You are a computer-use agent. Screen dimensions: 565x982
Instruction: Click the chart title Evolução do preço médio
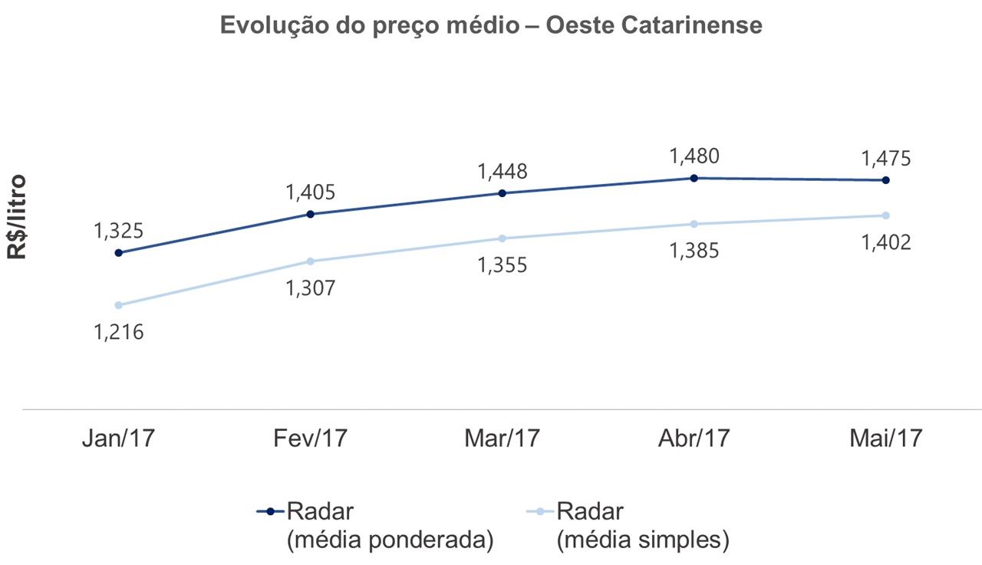coord(491,25)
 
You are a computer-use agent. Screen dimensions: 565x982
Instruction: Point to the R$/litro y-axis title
coord(18,217)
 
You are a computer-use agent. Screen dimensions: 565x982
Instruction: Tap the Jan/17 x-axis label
coord(118,439)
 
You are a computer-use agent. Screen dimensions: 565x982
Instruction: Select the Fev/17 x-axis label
coord(310,439)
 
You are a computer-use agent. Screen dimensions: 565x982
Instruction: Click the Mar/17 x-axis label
coord(502,439)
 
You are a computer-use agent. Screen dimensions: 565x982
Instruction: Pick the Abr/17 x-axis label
coord(694,439)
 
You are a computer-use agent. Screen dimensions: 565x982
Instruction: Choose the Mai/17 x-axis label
coord(885,439)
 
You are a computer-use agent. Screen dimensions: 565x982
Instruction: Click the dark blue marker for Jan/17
coord(118,252)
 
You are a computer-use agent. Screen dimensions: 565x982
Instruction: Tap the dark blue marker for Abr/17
coord(694,178)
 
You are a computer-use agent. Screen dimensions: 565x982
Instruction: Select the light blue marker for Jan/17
coord(118,305)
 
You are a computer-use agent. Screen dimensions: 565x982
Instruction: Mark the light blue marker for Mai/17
coord(886,215)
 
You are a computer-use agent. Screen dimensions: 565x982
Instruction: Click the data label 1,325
coord(118,231)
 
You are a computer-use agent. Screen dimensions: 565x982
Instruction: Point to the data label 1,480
coord(694,156)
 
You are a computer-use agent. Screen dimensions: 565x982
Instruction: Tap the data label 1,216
coord(118,333)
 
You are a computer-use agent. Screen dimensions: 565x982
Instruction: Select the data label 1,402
coord(885,243)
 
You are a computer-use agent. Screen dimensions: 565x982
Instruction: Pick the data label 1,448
coord(502,172)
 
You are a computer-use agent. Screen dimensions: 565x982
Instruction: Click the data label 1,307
coord(310,289)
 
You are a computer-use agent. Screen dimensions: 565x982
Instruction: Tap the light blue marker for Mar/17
coord(502,238)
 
